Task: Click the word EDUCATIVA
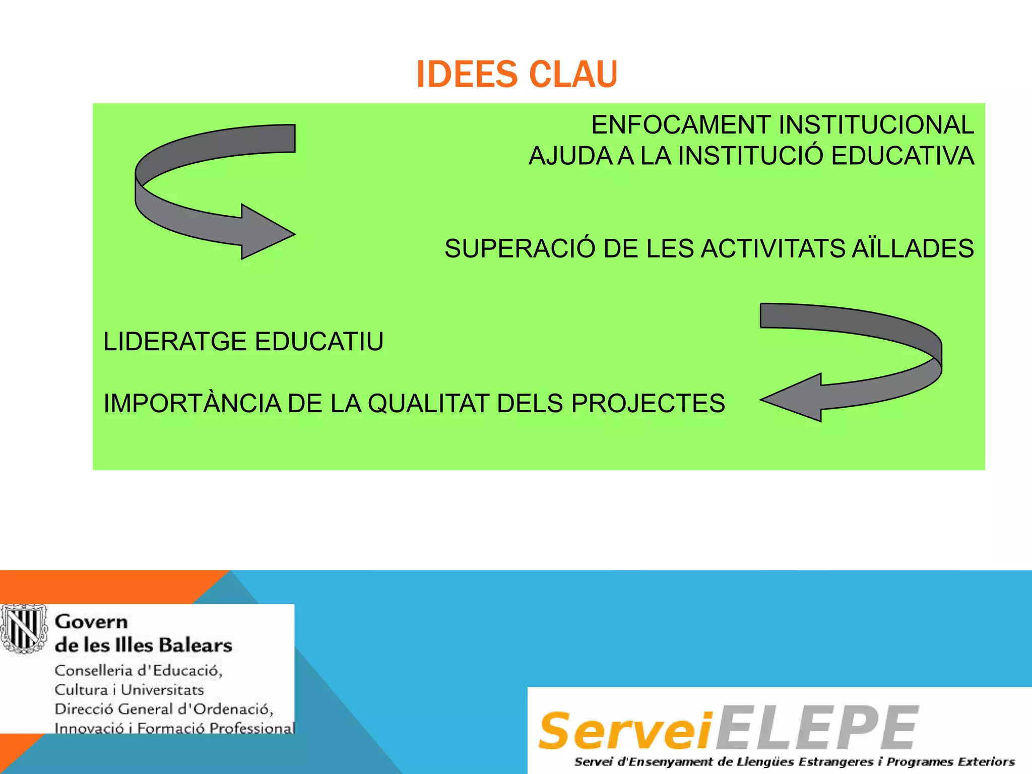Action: tap(902, 156)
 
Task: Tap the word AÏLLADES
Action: tap(913, 248)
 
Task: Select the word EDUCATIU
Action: tap(319, 342)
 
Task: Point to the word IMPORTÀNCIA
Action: tap(192, 404)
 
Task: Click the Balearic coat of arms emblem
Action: tap(23, 628)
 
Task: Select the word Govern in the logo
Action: tap(91, 622)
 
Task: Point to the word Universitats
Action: tap(162, 690)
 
